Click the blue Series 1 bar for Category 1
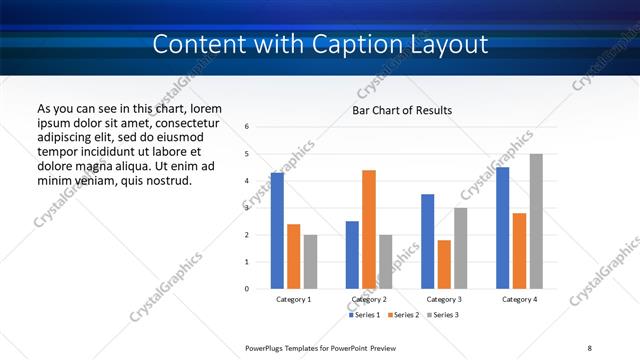pos(277,231)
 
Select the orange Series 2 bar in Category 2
pos(368,229)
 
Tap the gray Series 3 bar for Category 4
pos(536,221)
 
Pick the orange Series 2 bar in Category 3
pos(444,264)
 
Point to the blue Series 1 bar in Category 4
pos(502,228)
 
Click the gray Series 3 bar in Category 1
pos(310,261)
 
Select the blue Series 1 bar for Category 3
pos(427,241)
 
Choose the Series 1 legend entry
pos(364,315)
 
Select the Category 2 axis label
pos(369,299)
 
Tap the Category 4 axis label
pos(519,299)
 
